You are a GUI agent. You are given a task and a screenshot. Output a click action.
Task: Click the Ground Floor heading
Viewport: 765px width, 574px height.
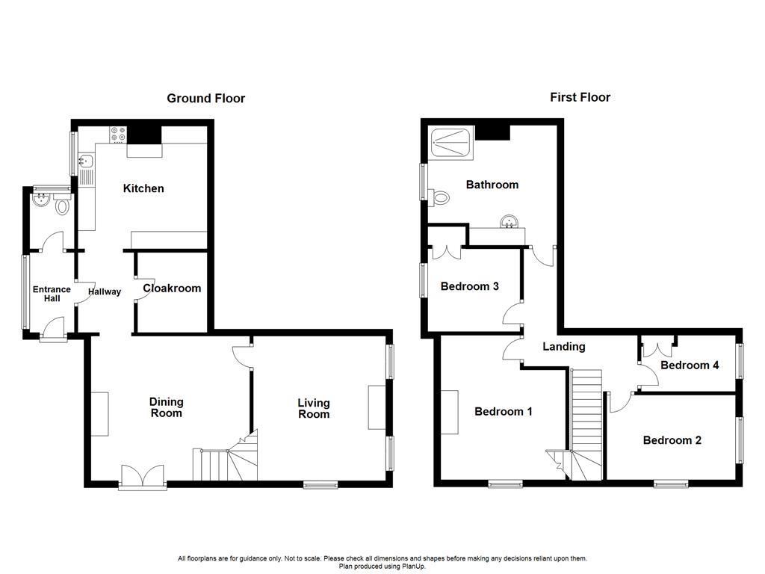(205, 98)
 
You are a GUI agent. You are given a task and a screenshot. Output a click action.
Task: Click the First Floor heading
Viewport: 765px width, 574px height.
(580, 97)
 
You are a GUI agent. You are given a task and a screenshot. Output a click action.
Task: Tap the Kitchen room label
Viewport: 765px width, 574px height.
(143, 188)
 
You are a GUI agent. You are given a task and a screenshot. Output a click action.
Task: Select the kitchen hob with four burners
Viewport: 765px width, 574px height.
(118, 135)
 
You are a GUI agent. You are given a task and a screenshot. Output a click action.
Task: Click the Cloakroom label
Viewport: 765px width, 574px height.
(172, 288)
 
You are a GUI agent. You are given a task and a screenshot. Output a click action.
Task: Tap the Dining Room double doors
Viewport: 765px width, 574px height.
(142, 476)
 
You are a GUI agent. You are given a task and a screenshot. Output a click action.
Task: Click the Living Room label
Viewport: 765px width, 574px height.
(314, 408)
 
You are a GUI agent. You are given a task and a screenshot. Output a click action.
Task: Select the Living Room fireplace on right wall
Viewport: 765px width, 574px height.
(375, 407)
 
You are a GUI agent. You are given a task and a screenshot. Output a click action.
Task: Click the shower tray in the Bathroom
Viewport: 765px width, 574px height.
(451, 141)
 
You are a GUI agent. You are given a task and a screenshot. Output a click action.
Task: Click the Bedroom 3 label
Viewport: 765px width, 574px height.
(469, 286)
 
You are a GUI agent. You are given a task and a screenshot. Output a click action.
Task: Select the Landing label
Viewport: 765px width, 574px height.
(563, 346)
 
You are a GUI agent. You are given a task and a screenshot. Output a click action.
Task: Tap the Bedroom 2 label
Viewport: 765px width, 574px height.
(672, 440)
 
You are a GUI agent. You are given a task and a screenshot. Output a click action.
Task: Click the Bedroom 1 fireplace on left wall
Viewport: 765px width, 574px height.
(450, 412)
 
